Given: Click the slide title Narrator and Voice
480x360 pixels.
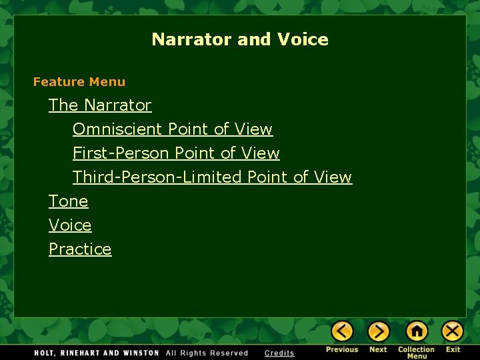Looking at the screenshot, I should coord(240,39).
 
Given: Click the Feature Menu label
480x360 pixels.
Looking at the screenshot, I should coord(79,82).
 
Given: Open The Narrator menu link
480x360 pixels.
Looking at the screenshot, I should coord(100,105).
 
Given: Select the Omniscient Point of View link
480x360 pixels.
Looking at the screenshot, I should coord(173,129).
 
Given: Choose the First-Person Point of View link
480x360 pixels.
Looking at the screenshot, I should coord(176,153).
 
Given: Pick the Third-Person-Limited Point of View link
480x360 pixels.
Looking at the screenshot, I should coord(212,177).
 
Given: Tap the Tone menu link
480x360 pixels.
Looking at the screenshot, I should coord(68,201).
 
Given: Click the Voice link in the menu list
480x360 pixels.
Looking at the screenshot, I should coord(70,225).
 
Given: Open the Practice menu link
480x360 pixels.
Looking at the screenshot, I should coord(80,249).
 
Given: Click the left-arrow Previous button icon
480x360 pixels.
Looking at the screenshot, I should coord(342,331).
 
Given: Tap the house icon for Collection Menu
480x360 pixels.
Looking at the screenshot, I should coord(417,331).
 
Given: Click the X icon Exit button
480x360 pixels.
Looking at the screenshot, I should coord(453,331).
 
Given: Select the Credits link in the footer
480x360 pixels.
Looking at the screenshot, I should coord(279,353).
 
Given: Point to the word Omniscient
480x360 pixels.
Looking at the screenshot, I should coord(118,129).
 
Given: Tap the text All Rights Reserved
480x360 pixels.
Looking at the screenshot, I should coord(207,353).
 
